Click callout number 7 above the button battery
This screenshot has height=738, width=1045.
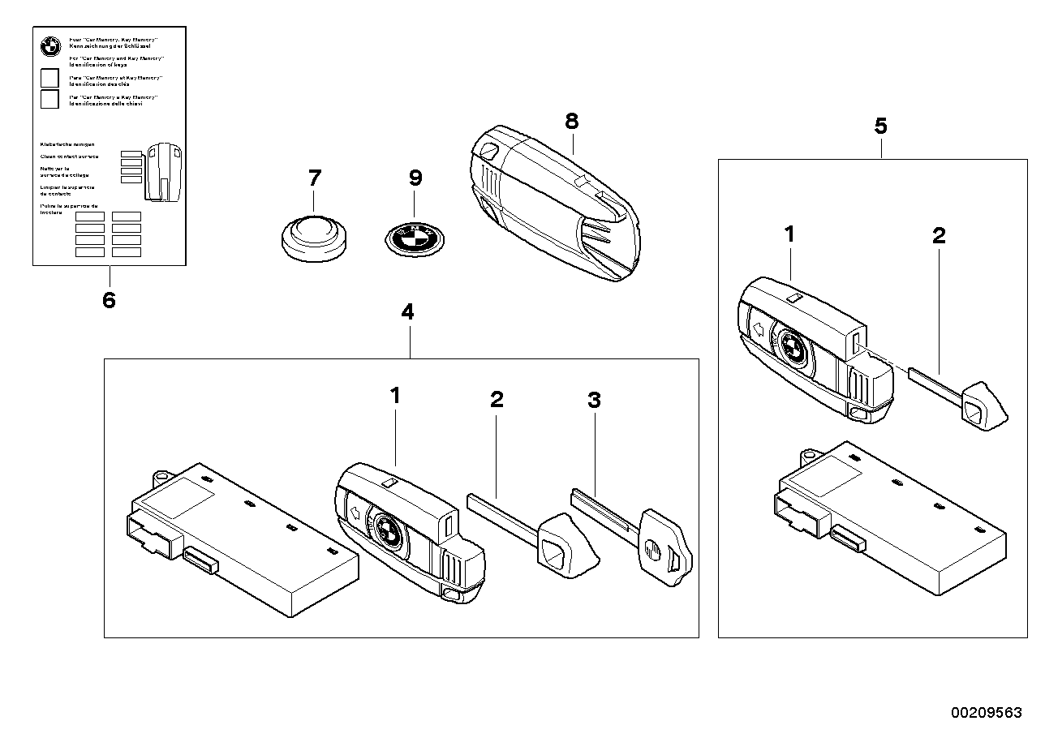pyautogui.click(x=314, y=178)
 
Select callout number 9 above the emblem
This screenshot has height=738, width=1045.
pyautogui.click(x=415, y=178)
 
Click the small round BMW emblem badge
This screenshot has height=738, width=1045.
pyautogui.click(x=415, y=238)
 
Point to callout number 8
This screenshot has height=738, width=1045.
pyautogui.click(x=572, y=122)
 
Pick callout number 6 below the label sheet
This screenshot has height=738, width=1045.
pyautogui.click(x=109, y=300)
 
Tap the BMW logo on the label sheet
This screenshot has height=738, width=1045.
pyautogui.click(x=50, y=46)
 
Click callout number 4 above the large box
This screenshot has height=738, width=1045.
pyautogui.click(x=407, y=312)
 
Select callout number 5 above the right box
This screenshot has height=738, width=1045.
pyautogui.click(x=880, y=126)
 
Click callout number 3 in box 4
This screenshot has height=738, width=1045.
pyautogui.click(x=594, y=399)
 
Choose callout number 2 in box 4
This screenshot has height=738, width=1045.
pyautogui.click(x=497, y=399)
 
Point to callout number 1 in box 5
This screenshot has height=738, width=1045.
pyautogui.click(x=789, y=235)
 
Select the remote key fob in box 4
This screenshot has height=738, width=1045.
pyautogui.click(x=410, y=530)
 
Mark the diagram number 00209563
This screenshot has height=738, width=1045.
pyautogui.click(x=987, y=712)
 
